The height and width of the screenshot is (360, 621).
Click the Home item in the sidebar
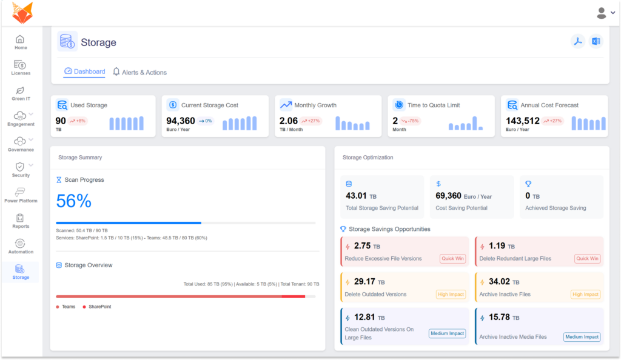tap(21, 42)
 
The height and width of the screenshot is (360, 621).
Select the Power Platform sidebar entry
tap(21, 195)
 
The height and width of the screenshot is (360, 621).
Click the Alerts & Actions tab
tap(139, 72)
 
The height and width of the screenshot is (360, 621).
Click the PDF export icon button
tap(578, 41)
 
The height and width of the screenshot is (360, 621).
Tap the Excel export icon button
tap(596, 41)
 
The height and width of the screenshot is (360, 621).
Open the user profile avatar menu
tap(605, 13)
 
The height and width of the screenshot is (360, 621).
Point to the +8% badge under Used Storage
tap(78, 121)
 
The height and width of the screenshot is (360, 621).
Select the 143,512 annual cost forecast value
tap(523, 121)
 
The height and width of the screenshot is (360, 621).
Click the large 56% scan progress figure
tap(74, 201)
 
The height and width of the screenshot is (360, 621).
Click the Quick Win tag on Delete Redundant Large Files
tap(587, 259)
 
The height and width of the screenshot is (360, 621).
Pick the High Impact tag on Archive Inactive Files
tap(585, 295)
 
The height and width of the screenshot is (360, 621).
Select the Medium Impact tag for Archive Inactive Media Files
tap(582, 337)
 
